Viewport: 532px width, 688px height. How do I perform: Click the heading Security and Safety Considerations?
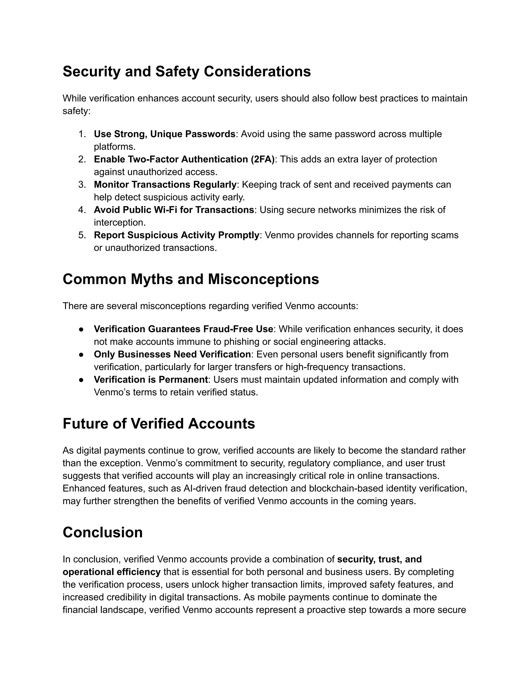coord(187,71)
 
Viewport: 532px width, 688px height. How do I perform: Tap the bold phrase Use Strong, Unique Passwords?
coord(164,134)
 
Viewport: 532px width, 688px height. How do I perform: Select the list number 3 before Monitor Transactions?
coord(82,184)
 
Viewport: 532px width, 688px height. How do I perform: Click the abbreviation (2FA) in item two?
coord(263,159)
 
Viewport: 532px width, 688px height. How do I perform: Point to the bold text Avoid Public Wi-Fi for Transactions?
coord(174,210)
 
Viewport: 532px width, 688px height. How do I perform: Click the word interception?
coord(119,222)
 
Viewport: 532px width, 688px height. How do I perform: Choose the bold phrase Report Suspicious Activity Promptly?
coord(176,235)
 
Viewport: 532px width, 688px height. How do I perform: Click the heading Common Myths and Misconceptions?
coord(191,279)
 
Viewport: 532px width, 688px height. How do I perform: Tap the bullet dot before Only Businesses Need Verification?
coord(81,354)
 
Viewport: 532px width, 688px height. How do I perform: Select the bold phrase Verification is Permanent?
coord(151,380)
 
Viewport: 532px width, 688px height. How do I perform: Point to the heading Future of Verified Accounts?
coord(159,423)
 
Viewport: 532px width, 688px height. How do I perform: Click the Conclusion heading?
coord(102,532)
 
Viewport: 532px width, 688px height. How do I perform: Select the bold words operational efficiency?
coord(111,572)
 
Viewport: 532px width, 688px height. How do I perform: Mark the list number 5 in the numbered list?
coord(82,235)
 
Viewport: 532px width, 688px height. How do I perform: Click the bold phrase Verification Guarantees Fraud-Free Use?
coord(183,329)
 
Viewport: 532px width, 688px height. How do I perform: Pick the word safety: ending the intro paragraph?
coord(76,111)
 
